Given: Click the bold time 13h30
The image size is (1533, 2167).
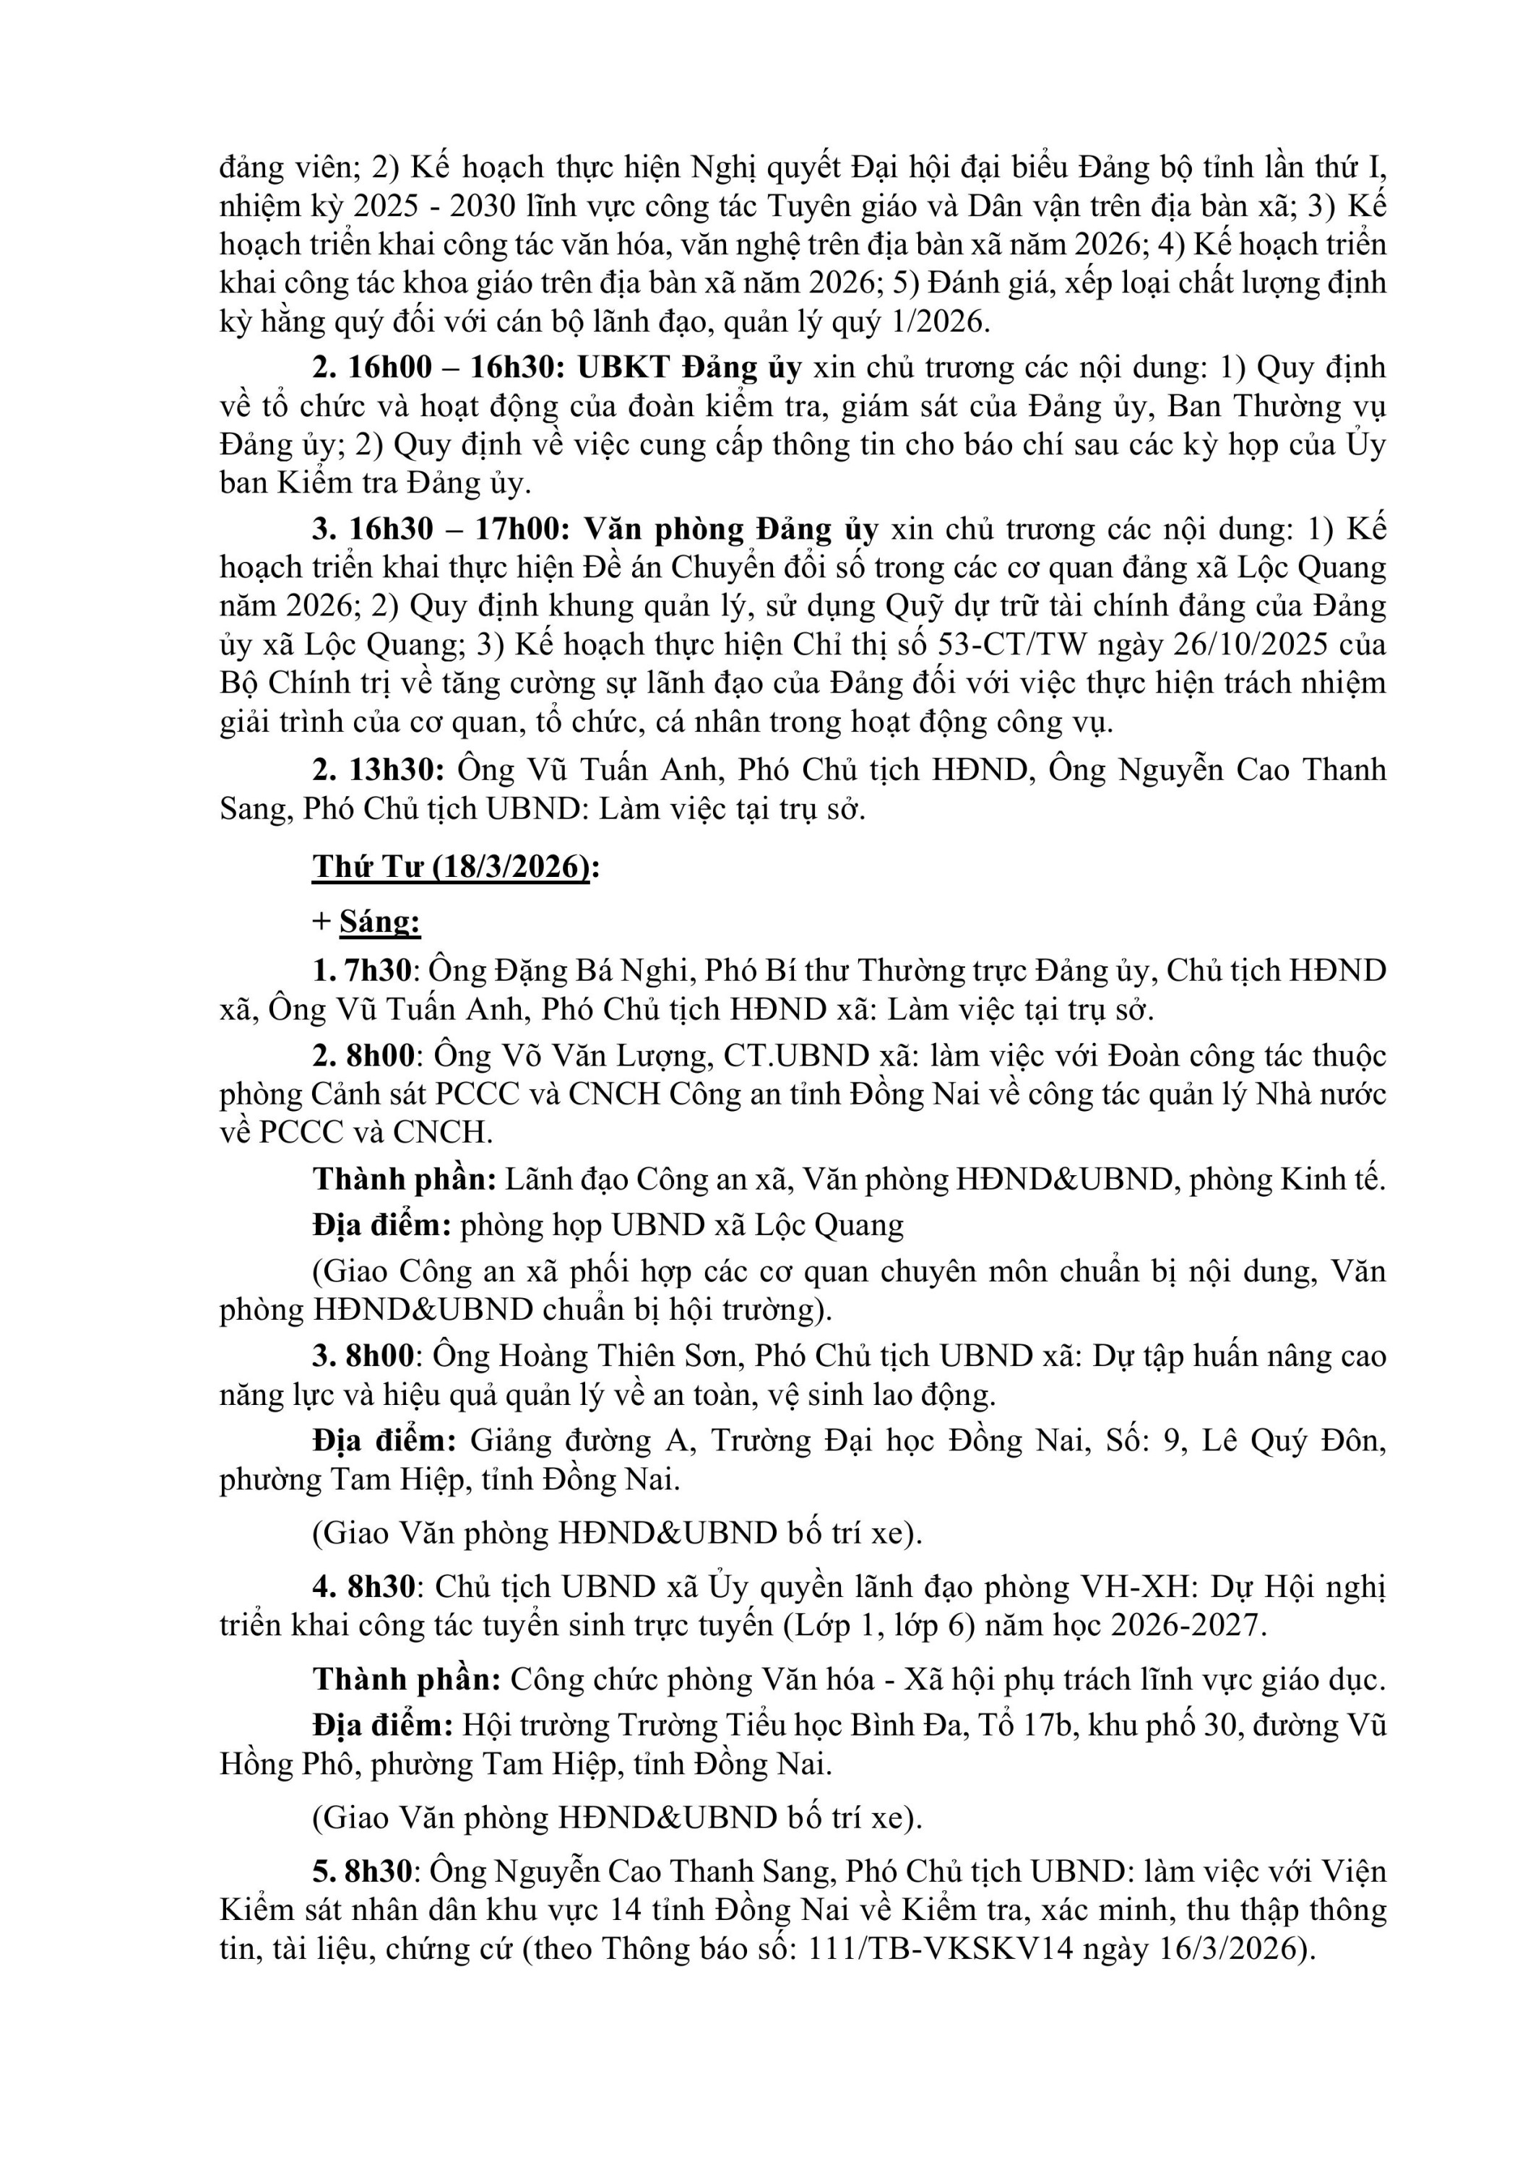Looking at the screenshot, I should [397, 769].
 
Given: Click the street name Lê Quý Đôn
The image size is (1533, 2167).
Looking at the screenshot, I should [1293, 1440].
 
